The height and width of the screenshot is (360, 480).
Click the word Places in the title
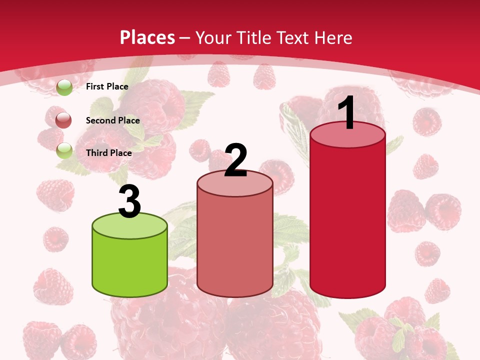pos(147,37)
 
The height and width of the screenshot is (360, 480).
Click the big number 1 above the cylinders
pos(346,113)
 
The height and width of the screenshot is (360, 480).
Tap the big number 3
pos(129,201)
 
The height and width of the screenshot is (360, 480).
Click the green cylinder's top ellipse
pos(130,226)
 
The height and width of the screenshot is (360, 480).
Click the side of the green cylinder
pos(130,265)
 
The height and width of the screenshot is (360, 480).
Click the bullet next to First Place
pos(64,87)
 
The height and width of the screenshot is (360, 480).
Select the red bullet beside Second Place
pos(64,120)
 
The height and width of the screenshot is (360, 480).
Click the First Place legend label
pos(107,86)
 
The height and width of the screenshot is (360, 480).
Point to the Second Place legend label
pos(112,120)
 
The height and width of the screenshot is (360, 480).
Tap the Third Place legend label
pos(108,153)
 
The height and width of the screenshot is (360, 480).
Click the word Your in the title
pos(212,37)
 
